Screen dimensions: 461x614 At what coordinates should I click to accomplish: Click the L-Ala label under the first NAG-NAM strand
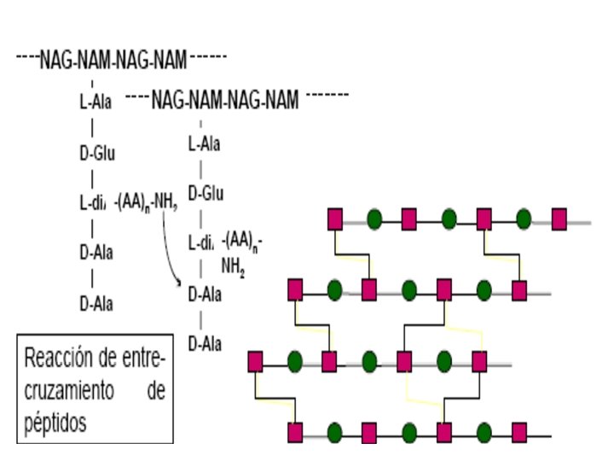pos(96,102)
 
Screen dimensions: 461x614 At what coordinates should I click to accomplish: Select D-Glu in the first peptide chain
pos(96,154)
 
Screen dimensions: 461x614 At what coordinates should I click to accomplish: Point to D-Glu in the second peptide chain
pos(206,193)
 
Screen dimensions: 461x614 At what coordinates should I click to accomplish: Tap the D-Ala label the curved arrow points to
pos(205,295)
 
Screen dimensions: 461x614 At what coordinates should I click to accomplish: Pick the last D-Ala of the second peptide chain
pos(205,344)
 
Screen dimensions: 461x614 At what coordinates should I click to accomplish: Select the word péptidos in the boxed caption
pos(56,423)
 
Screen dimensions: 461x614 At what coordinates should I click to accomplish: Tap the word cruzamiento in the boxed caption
pos(69,390)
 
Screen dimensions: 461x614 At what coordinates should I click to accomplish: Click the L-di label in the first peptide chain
pos(91,203)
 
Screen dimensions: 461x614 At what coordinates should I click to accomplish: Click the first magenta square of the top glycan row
pos(335,219)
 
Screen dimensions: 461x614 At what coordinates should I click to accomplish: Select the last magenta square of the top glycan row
pos(559,219)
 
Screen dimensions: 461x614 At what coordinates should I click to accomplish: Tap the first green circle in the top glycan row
pos(374,219)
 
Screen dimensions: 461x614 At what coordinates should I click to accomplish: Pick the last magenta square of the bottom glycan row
pos(519,431)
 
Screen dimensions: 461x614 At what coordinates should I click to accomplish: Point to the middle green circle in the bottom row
pos(409,431)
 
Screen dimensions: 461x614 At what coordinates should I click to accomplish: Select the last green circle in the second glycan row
pos(485,290)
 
